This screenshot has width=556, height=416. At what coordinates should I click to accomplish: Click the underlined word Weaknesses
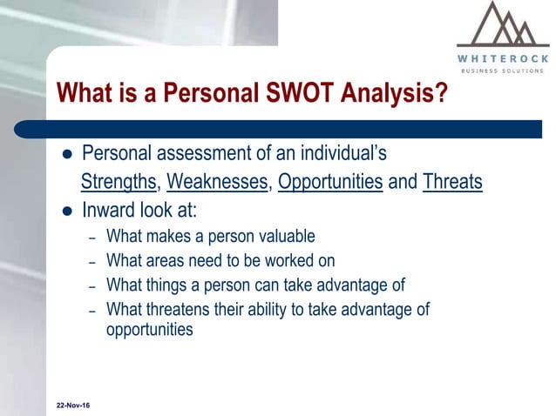click(x=218, y=183)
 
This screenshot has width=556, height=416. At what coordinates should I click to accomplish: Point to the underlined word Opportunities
click(x=330, y=183)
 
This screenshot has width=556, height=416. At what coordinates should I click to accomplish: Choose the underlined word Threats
click(x=452, y=183)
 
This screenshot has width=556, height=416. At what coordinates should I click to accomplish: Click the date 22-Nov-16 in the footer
click(x=72, y=406)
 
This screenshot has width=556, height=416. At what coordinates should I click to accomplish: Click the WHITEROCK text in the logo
click(x=503, y=58)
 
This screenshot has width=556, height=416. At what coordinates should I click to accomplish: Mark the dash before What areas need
click(x=92, y=261)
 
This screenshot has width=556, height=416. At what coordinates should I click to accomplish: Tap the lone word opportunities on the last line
click(x=149, y=330)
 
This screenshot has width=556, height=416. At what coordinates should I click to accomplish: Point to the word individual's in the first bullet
click(x=341, y=155)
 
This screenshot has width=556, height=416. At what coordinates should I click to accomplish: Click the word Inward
click(x=109, y=210)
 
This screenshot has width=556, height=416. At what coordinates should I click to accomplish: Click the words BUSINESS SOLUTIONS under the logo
click(x=503, y=70)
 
